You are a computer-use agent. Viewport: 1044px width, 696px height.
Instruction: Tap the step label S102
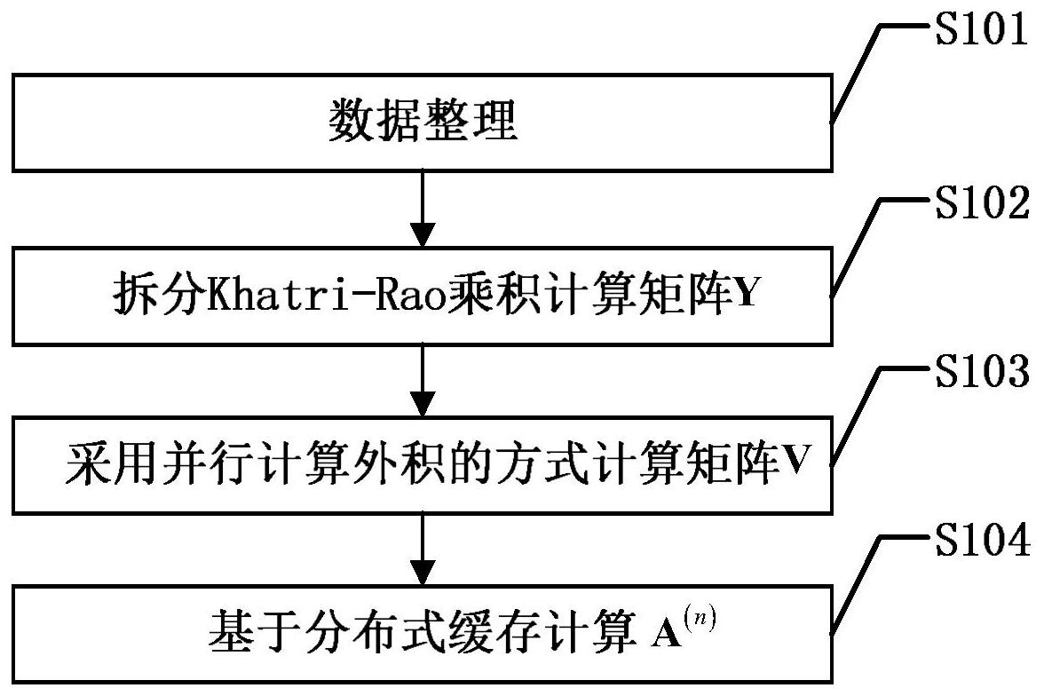pyautogui.click(x=980, y=205)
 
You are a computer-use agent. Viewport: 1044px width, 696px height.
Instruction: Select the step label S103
pyautogui.click(x=980, y=374)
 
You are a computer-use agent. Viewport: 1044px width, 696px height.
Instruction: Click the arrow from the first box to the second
pyautogui.click(x=423, y=210)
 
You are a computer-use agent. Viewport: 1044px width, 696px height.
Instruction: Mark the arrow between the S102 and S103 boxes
pyautogui.click(x=423, y=379)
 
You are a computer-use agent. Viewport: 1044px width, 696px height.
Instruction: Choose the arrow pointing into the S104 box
pyautogui.click(x=423, y=548)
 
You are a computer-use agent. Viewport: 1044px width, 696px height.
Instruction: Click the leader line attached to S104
pyautogui.click(x=857, y=581)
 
